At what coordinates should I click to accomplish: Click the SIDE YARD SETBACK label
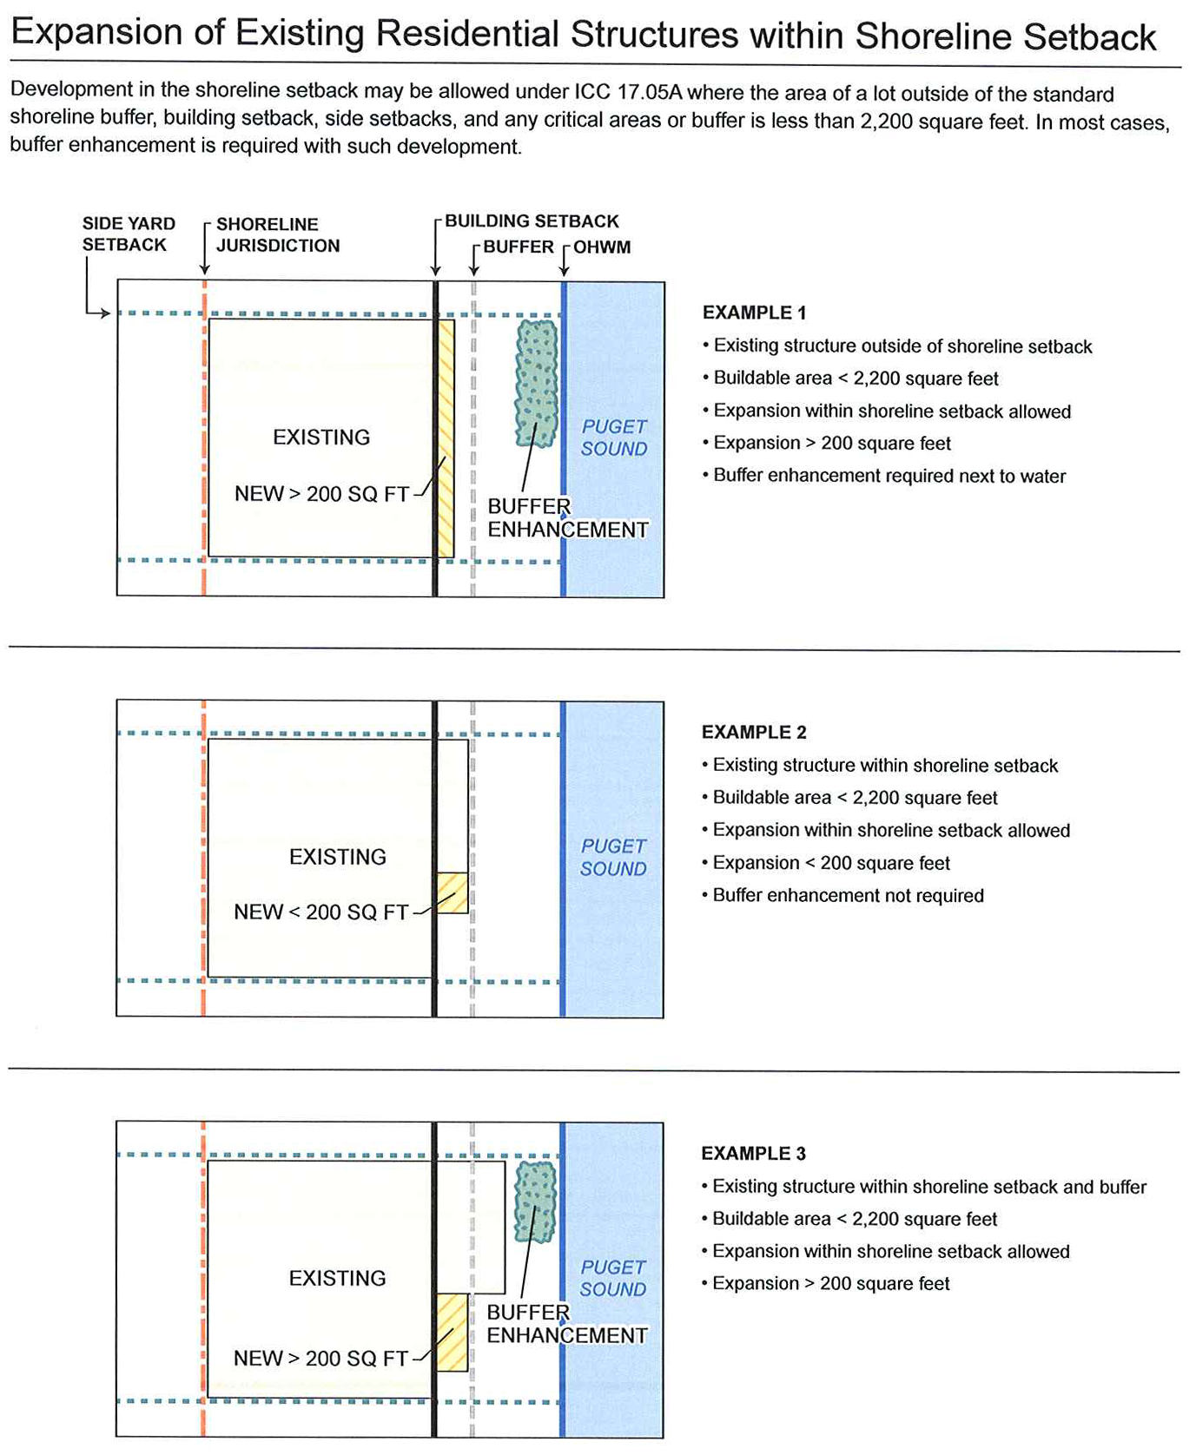click(129, 234)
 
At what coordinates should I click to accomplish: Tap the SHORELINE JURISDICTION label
click(277, 235)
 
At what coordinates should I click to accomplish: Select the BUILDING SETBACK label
click(532, 221)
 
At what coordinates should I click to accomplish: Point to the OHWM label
click(601, 247)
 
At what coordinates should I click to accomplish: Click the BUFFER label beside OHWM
click(519, 247)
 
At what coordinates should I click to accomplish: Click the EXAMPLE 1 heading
click(754, 313)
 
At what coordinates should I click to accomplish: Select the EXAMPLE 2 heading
click(754, 733)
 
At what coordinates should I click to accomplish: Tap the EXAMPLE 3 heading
click(753, 1154)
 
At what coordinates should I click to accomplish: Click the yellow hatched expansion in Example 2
click(453, 892)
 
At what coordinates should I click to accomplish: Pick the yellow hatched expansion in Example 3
click(452, 1332)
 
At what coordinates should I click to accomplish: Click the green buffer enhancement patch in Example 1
click(537, 383)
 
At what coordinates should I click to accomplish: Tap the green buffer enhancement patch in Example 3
click(535, 1202)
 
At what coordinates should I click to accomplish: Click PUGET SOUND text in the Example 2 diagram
click(613, 857)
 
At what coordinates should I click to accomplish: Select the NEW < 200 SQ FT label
click(320, 912)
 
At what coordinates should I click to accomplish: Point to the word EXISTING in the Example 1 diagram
click(321, 438)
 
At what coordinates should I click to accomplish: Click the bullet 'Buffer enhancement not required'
click(848, 896)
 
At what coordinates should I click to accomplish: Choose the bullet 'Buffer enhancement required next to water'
click(889, 476)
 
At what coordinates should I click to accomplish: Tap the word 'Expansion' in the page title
click(117, 33)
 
